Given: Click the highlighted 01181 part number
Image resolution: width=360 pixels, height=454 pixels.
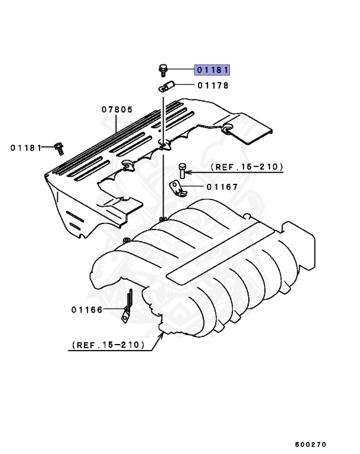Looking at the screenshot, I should tap(212, 70).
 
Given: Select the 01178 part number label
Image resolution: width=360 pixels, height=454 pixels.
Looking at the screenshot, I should tap(213, 86).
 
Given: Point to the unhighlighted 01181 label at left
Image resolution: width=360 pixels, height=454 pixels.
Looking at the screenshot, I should tap(26, 148).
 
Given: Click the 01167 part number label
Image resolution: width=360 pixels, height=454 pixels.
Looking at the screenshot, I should tap(222, 187).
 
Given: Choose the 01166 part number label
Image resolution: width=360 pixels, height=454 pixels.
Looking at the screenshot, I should tap(87, 309).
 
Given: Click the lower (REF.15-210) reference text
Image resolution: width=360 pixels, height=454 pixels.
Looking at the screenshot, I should tap(108, 344).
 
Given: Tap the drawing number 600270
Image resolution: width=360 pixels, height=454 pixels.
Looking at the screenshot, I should tap(310, 443).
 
